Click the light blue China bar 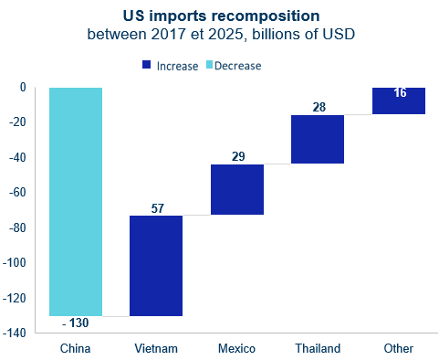[x=76, y=202]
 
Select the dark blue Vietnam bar [x=156, y=266]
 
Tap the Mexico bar [x=237, y=189]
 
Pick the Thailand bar [x=318, y=139]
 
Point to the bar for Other [x=399, y=101]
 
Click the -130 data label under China [x=76, y=323]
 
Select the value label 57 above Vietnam [x=158, y=208]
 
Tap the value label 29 [x=238, y=156]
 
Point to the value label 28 [x=319, y=107]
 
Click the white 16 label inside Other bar [x=400, y=93]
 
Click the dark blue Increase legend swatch [x=146, y=65]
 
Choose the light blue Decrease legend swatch [x=209, y=65]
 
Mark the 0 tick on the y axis [x=23, y=88]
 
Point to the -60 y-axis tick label [x=17, y=193]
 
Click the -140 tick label [x=15, y=333]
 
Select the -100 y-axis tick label [x=15, y=262]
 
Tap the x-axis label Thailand [x=318, y=348]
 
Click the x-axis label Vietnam [x=156, y=348]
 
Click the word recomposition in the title [x=265, y=16]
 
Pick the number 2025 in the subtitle [x=225, y=34]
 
